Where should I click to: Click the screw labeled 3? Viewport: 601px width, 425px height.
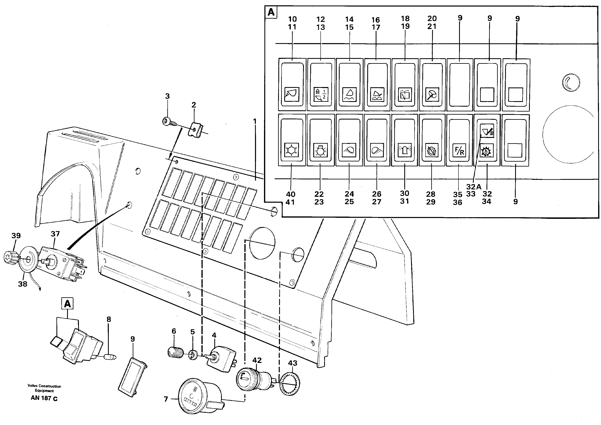click(167, 121)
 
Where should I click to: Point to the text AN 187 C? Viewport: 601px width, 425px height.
click(44, 398)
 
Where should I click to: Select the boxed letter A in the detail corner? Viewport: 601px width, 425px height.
click(271, 12)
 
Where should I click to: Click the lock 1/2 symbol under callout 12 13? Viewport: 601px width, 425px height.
click(321, 95)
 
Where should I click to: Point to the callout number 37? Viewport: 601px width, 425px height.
click(55, 234)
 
